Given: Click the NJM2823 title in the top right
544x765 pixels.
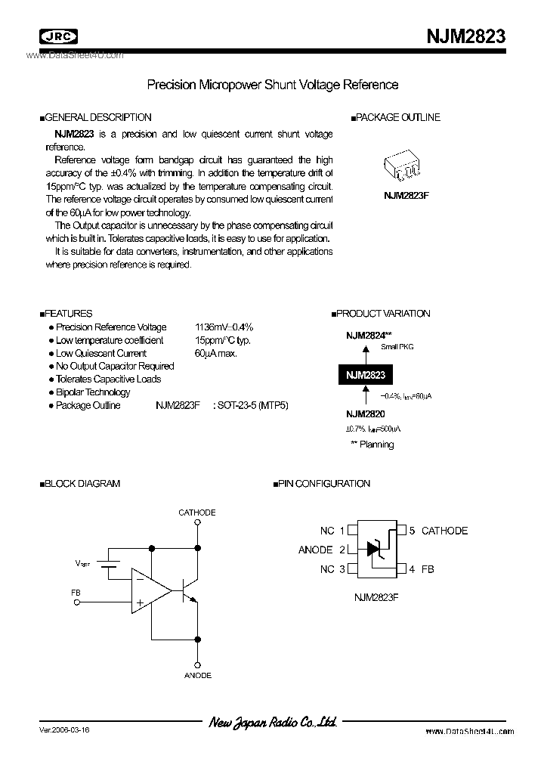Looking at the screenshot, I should [x=463, y=36].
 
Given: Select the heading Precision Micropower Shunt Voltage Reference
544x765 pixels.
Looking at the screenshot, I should [x=272, y=85].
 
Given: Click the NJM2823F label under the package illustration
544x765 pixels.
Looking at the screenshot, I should [x=406, y=194].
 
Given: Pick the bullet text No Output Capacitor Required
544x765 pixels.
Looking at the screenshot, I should [x=115, y=366].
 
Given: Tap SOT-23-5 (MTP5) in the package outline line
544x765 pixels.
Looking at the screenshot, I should [x=252, y=405].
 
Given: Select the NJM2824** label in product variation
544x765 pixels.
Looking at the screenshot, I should [x=369, y=334].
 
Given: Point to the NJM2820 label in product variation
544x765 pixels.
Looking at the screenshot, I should [x=366, y=413].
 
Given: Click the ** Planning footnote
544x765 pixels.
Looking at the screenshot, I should [x=372, y=444].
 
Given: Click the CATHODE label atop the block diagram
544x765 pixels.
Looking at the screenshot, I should [x=196, y=513].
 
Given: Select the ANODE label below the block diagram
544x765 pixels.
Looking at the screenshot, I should [x=197, y=675].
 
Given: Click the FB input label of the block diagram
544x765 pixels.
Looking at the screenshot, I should [x=76, y=593].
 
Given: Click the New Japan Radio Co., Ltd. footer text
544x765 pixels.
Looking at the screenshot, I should [x=272, y=723].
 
